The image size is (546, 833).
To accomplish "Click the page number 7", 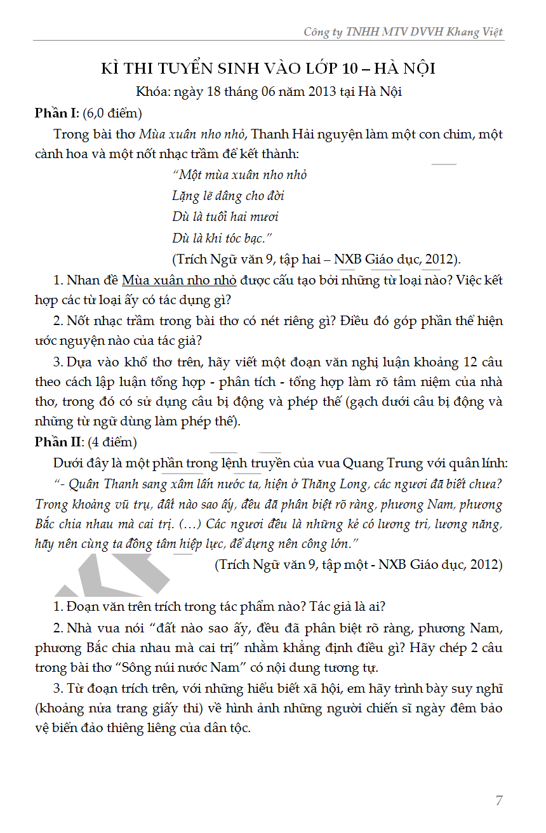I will click(499, 800).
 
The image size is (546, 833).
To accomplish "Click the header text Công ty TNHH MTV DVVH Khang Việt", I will click(403, 32).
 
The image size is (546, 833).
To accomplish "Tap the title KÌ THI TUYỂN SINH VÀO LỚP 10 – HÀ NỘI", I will click(269, 69).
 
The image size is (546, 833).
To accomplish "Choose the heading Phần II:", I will click(58, 441).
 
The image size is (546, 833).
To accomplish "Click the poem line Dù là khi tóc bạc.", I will click(222, 238).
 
